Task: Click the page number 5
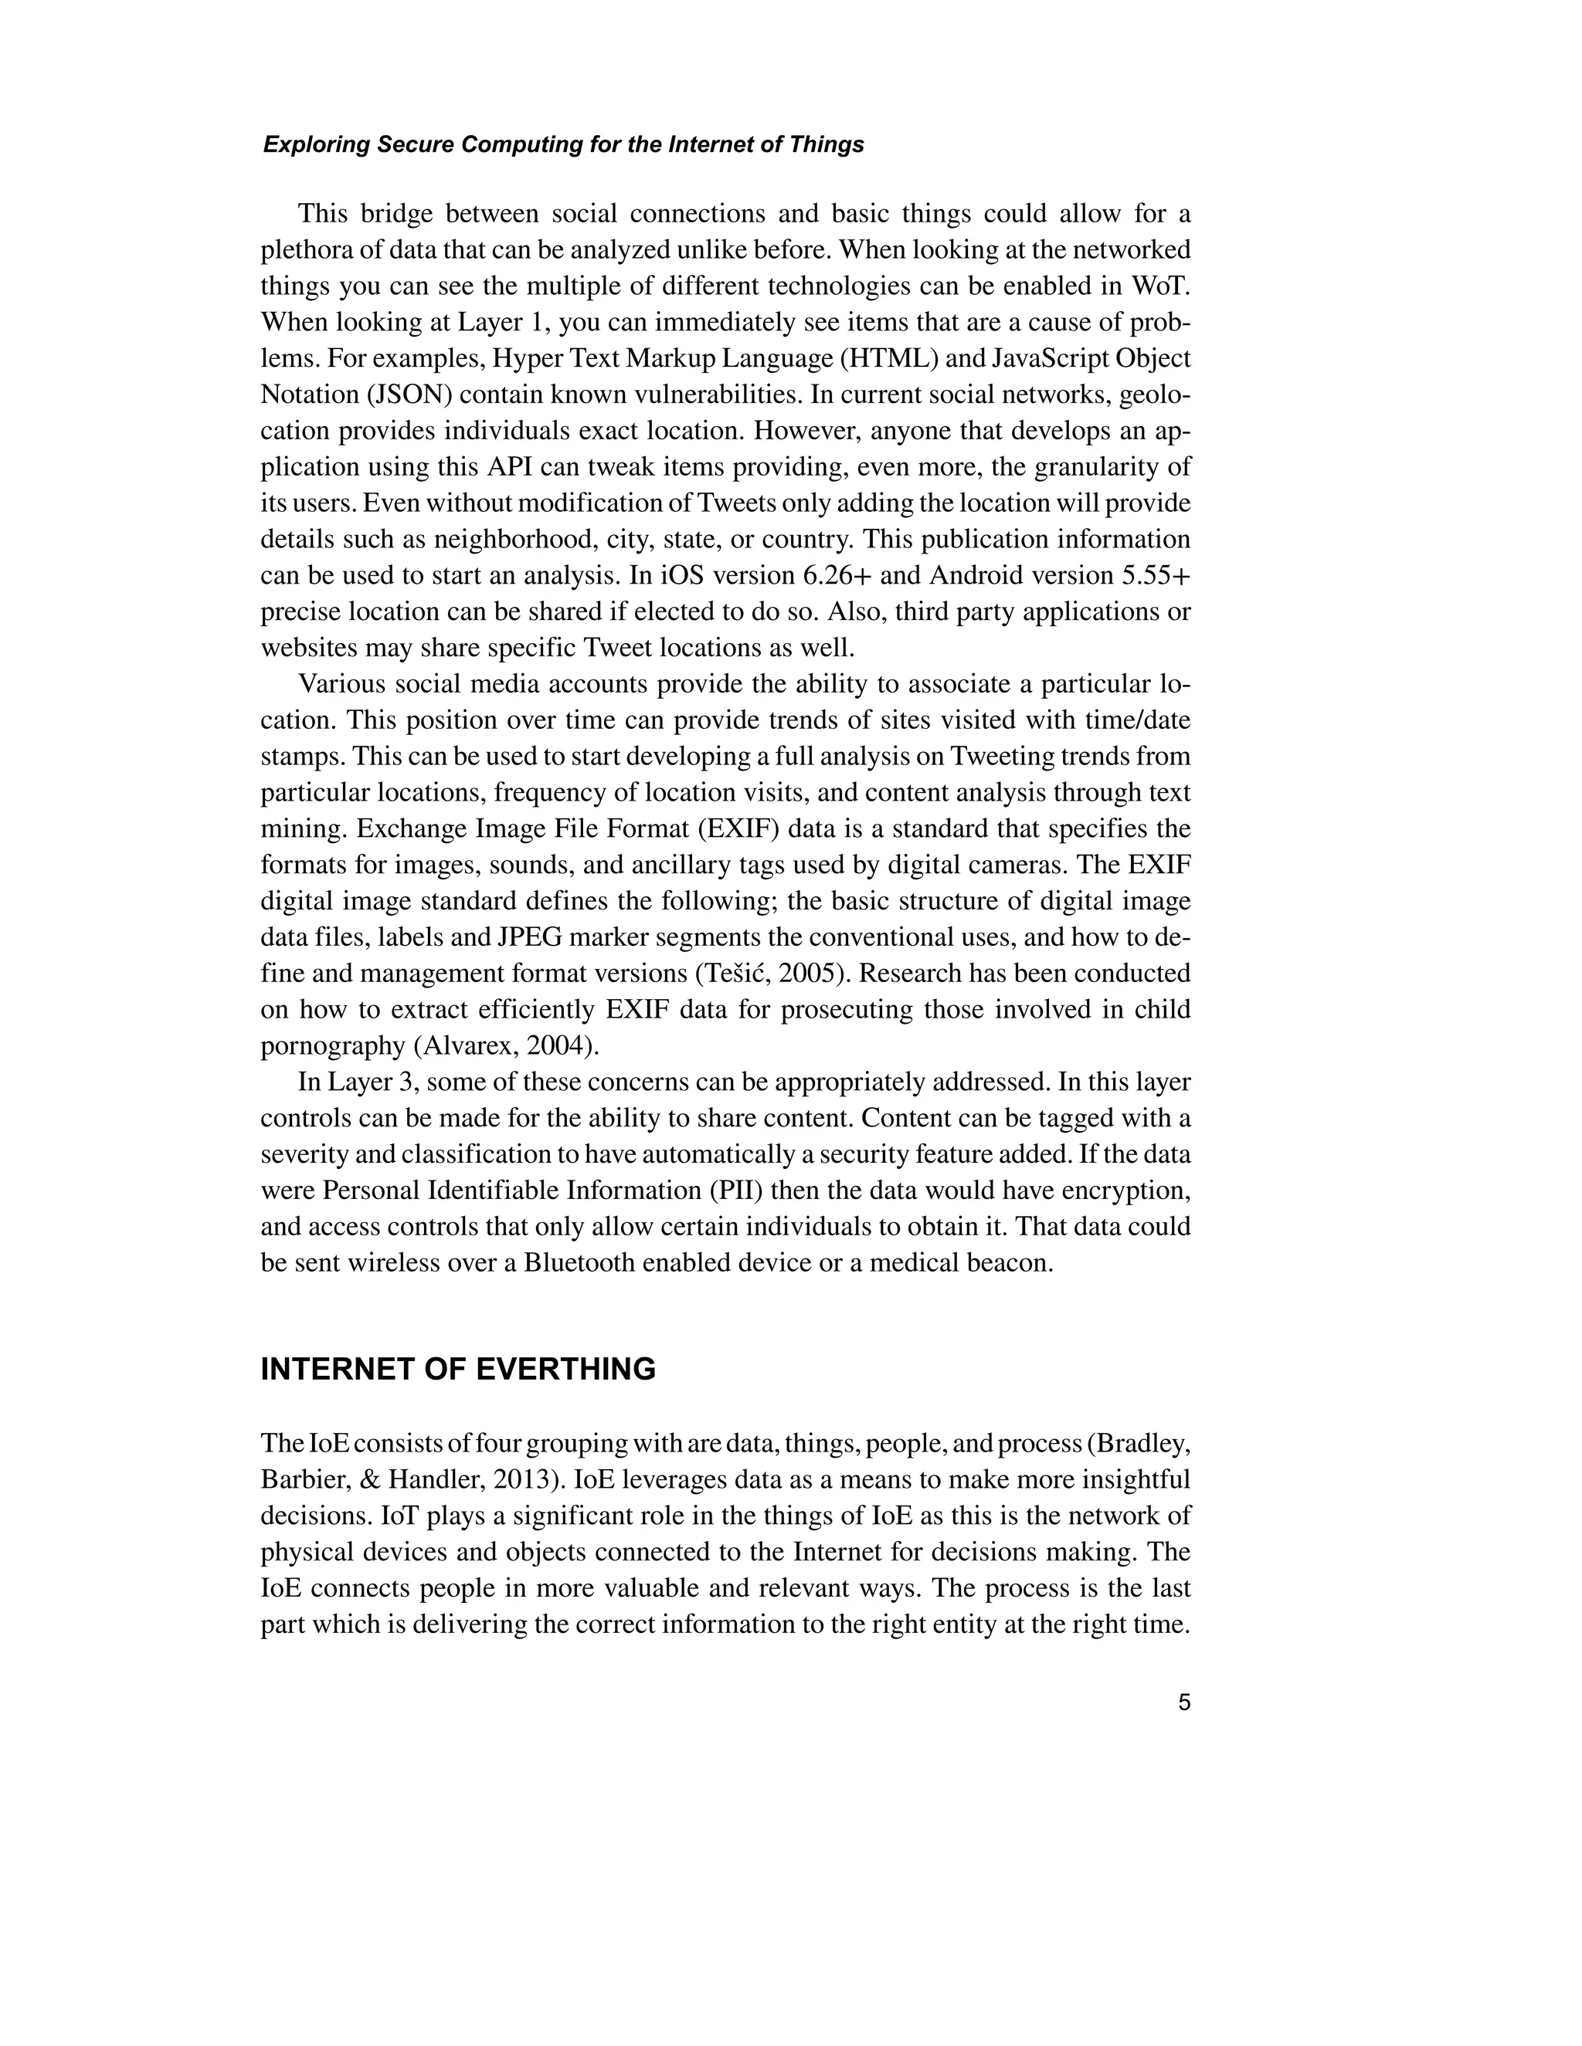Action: click(x=1183, y=1702)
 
